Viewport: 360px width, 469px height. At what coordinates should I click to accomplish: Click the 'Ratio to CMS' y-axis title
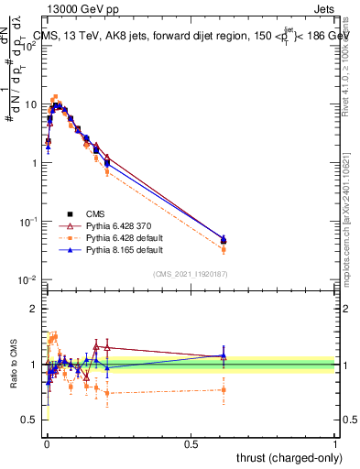pyautogui.click(x=15, y=364)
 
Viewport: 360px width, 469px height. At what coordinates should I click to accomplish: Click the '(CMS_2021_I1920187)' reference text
pyautogui.click(x=190, y=273)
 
